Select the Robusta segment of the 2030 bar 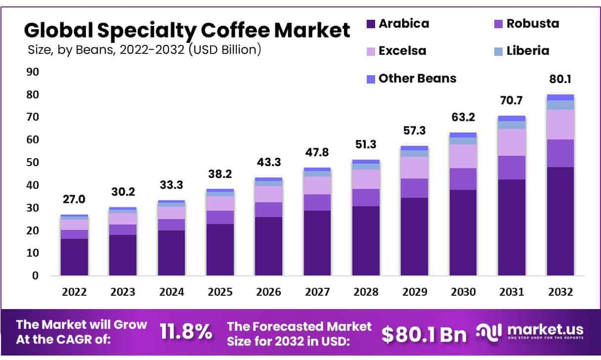point(463,179)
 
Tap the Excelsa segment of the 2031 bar point(512,142)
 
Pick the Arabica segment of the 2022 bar point(74,257)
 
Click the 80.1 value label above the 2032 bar point(560,79)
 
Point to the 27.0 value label point(74,199)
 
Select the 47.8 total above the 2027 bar point(317,152)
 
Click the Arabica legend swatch point(371,24)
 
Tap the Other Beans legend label point(417,78)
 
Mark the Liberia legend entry point(527,50)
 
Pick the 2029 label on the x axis point(414,292)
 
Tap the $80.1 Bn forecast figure point(424,334)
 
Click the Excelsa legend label point(402,50)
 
